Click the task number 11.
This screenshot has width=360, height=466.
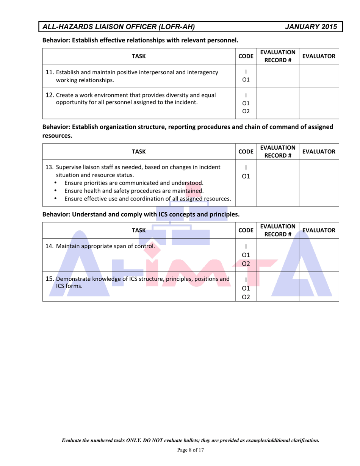pos(49,72)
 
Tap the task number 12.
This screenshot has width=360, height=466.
pos(49,95)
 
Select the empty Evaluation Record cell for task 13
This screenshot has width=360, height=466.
pos(278,185)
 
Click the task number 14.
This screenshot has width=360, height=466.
pos(49,246)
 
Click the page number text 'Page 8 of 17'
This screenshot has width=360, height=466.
pos(191,450)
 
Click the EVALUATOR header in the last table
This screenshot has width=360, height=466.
pos(319,230)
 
